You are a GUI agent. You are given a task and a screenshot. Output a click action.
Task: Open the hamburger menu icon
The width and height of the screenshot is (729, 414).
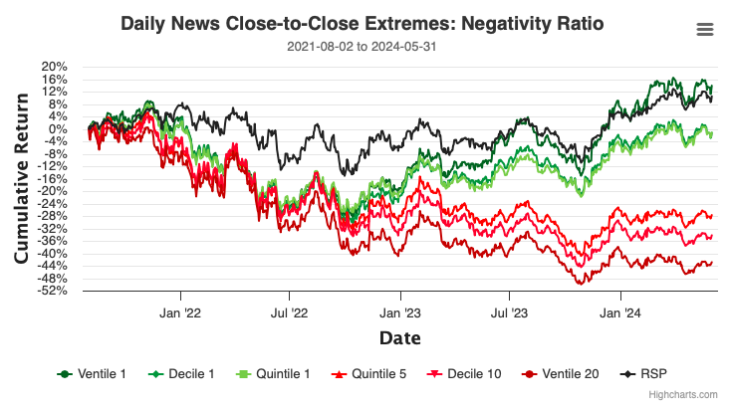point(705,29)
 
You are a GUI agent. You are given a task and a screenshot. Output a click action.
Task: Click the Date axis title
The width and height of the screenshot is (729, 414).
point(400,338)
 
